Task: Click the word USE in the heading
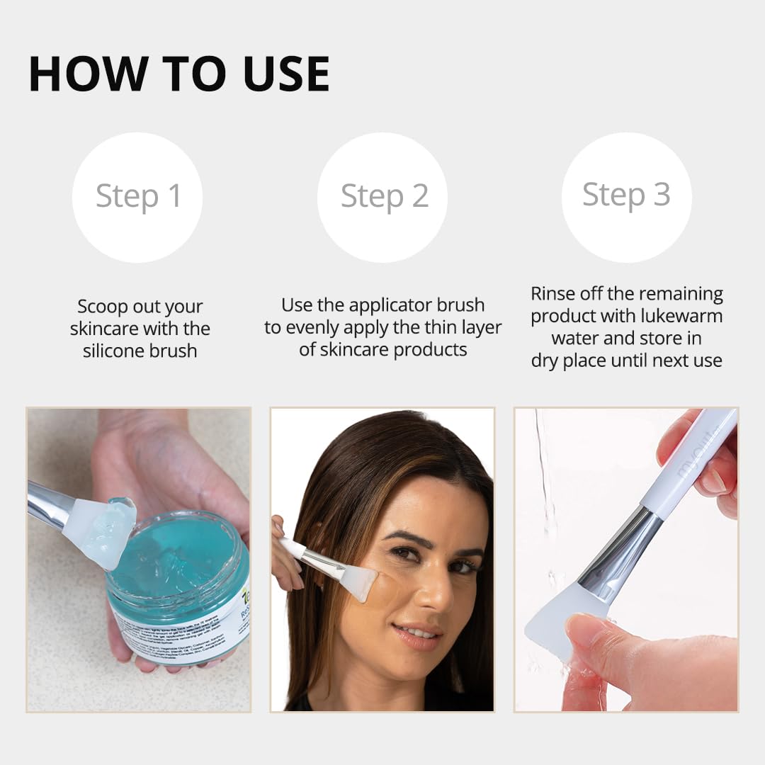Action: click(x=287, y=74)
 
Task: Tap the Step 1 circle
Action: click(x=137, y=197)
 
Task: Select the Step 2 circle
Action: click(x=382, y=197)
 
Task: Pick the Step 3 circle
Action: click(x=626, y=196)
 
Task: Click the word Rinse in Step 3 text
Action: click(x=553, y=293)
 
